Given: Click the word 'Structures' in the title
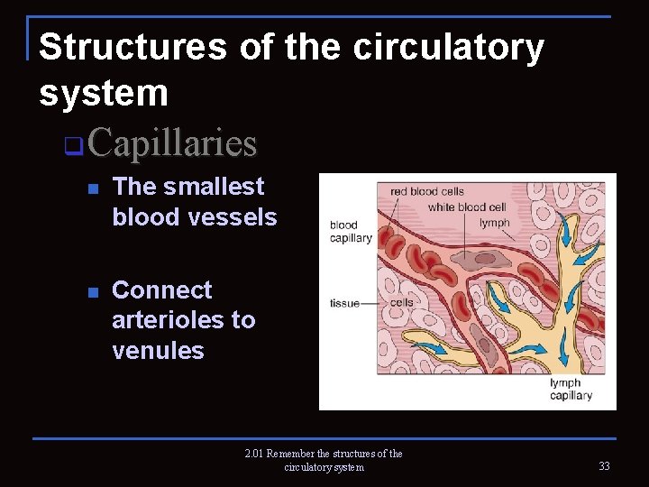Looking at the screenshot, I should pyautogui.click(x=133, y=47).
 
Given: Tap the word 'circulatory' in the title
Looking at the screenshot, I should pyautogui.click(x=448, y=47).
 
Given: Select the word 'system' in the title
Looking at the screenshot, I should pyautogui.click(x=104, y=92).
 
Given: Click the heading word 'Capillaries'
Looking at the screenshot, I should pyautogui.click(x=173, y=142).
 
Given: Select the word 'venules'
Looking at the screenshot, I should pyautogui.click(x=158, y=350).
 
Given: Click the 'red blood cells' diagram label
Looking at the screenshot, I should pyautogui.click(x=426, y=192).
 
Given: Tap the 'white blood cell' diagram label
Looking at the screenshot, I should pyautogui.click(x=467, y=207).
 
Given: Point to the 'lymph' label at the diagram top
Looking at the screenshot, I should pyautogui.click(x=494, y=223).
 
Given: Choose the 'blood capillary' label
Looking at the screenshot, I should pyautogui.click(x=351, y=232).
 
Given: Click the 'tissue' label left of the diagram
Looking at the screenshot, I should pyautogui.click(x=344, y=303).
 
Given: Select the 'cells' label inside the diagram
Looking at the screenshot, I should pyautogui.click(x=402, y=302).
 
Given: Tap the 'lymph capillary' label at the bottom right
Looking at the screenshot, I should pyautogui.click(x=571, y=390).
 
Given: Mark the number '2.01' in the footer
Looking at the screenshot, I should pyautogui.click(x=254, y=454).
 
